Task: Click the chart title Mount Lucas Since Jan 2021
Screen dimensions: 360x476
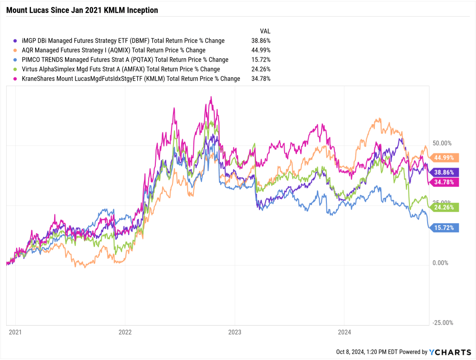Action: tap(82, 10)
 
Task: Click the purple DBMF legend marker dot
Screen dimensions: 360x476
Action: tap(17, 41)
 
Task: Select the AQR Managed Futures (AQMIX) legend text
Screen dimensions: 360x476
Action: tap(114, 50)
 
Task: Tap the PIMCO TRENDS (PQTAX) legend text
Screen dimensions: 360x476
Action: tap(125, 60)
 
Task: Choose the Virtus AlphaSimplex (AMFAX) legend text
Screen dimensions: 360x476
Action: tap(121, 69)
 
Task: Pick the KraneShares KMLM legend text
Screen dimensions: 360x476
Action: tap(131, 79)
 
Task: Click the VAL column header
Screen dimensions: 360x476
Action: tap(265, 31)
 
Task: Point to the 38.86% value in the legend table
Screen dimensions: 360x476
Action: tap(261, 41)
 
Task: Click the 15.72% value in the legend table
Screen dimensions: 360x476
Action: tap(261, 60)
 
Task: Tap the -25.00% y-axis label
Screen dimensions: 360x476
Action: tap(443, 323)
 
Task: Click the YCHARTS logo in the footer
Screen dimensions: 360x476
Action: tap(450, 352)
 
